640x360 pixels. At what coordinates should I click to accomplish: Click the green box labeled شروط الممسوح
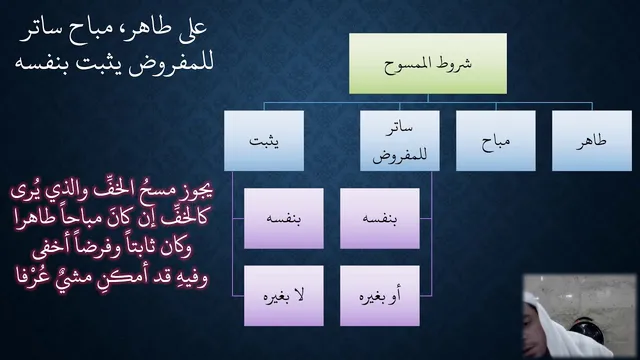point(428,64)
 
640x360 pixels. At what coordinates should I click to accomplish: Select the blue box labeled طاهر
point(592,140)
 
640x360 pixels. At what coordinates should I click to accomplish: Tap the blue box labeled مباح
point(496,140)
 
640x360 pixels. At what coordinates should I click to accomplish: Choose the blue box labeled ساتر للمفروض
point(400,140)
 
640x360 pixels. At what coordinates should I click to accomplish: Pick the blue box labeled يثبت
point(264,140)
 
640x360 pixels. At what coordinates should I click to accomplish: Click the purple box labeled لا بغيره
point(284,296)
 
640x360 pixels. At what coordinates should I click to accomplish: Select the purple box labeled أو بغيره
point(380,296)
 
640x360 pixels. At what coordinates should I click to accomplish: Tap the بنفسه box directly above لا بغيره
point(284,218)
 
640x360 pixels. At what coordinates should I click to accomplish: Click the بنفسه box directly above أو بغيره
point(380,218)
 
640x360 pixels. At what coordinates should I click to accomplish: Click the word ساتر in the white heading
point(38,34)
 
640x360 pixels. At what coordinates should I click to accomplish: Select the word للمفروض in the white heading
point(171,64)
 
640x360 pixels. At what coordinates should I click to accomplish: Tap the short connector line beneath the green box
point(428,98)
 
